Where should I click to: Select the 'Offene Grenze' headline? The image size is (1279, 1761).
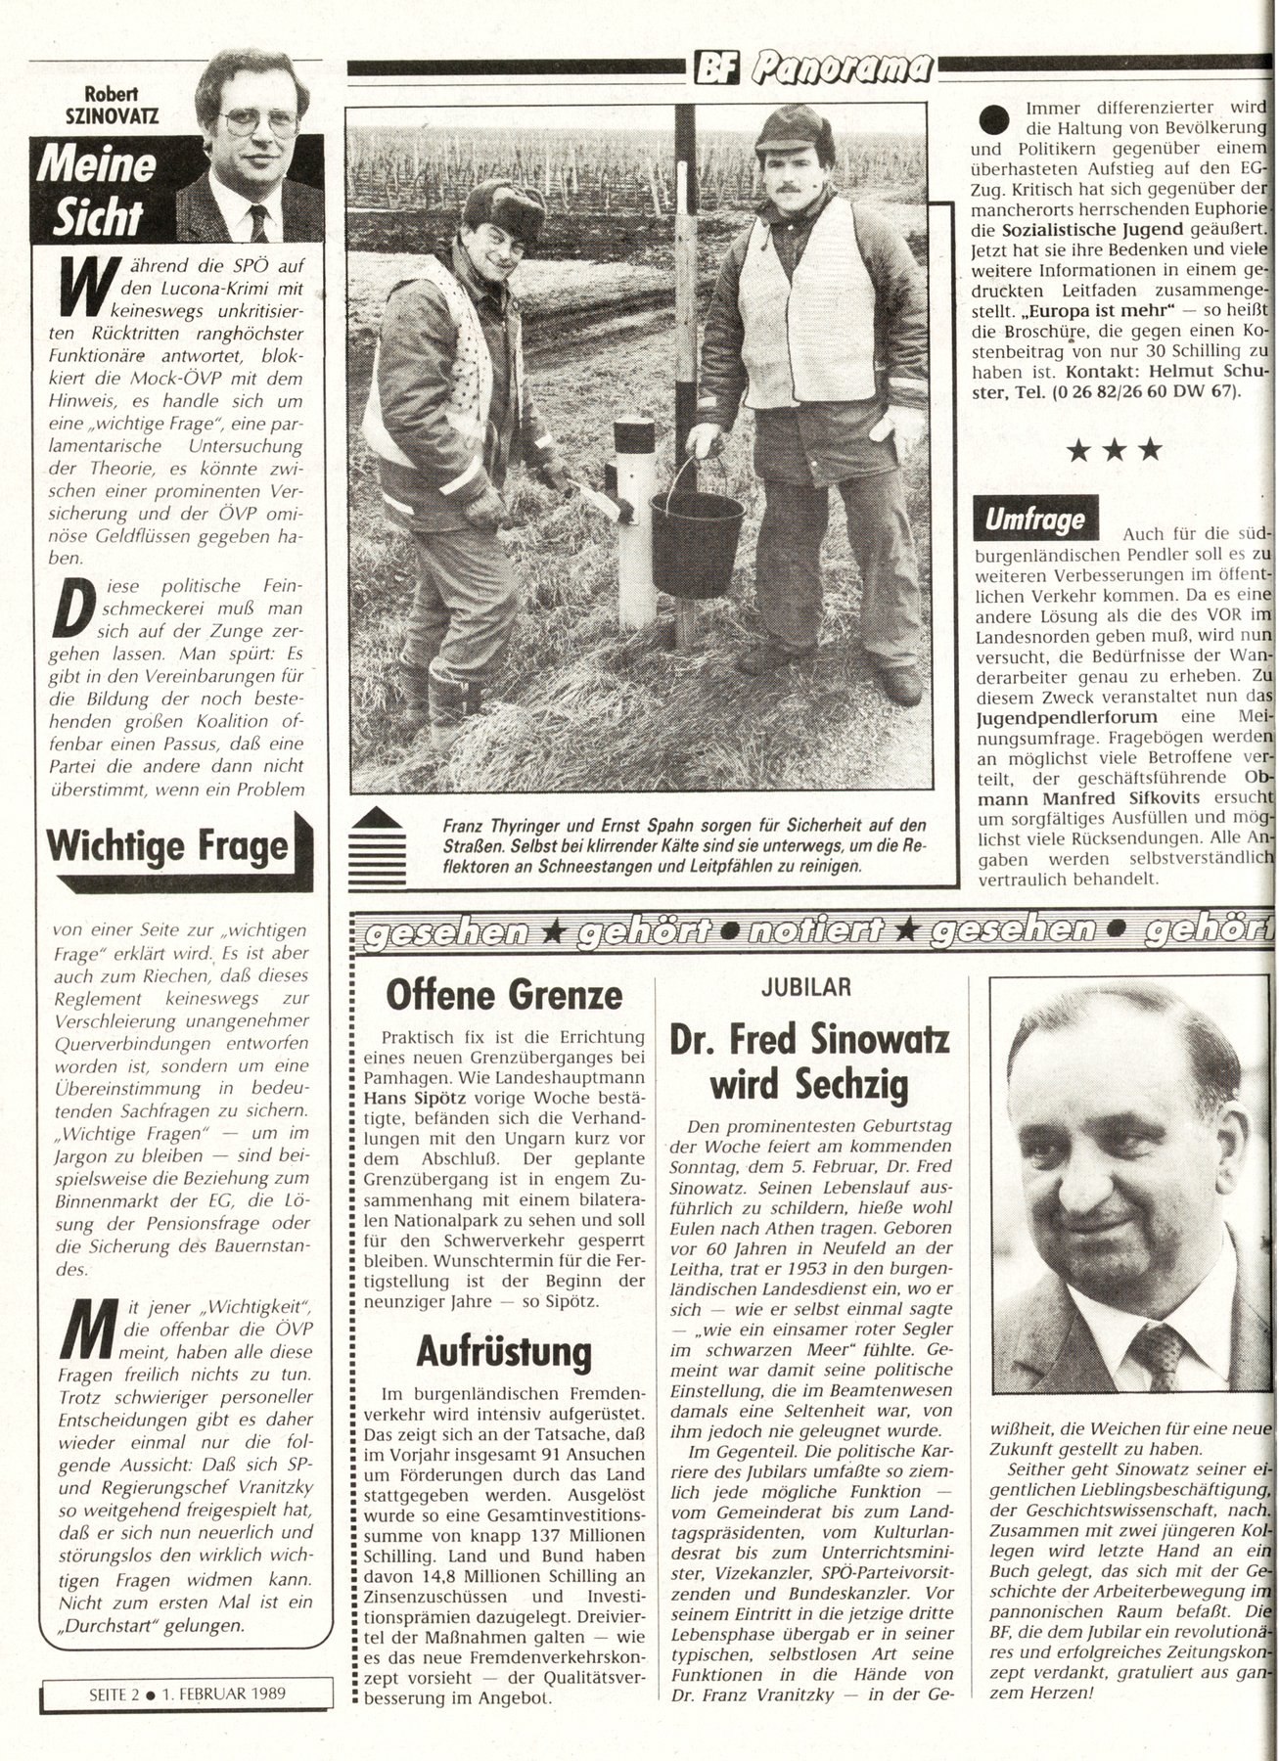(504, 994)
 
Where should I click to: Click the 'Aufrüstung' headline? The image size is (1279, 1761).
(504, 1351)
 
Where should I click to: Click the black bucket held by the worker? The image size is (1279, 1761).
(697, 542)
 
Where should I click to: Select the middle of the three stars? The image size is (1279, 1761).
(1115, 450)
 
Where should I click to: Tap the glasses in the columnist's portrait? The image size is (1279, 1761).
(258, 122)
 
